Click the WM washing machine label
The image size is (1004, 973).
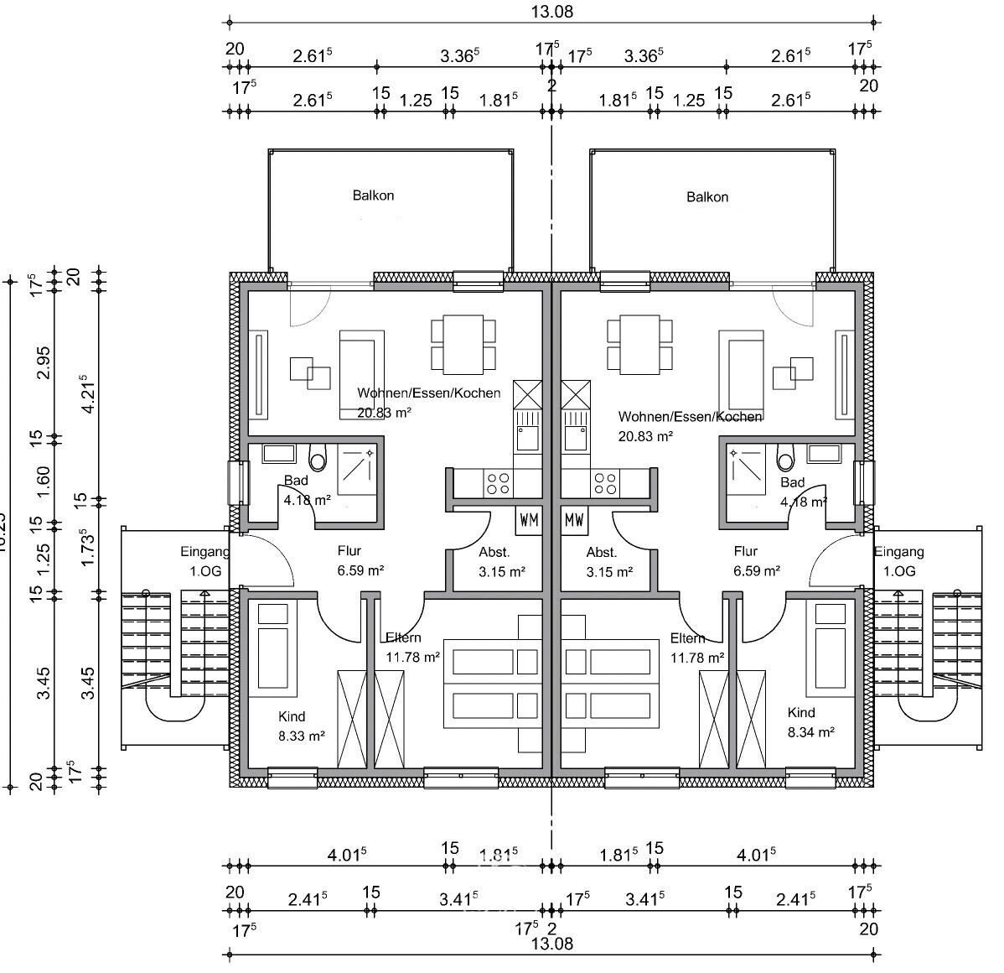529,520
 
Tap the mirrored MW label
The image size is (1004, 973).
574,520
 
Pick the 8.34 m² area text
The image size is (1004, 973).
811,731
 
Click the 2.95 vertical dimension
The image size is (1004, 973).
44,362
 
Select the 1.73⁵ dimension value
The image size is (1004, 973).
85,547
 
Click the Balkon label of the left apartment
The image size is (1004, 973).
373,195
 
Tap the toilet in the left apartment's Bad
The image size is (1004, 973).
318,458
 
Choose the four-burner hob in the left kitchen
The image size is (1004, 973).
498,482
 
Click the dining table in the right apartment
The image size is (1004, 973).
639,344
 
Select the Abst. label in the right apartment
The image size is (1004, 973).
601,553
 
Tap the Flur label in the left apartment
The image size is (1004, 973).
349,551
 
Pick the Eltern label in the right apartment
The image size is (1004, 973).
687,638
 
